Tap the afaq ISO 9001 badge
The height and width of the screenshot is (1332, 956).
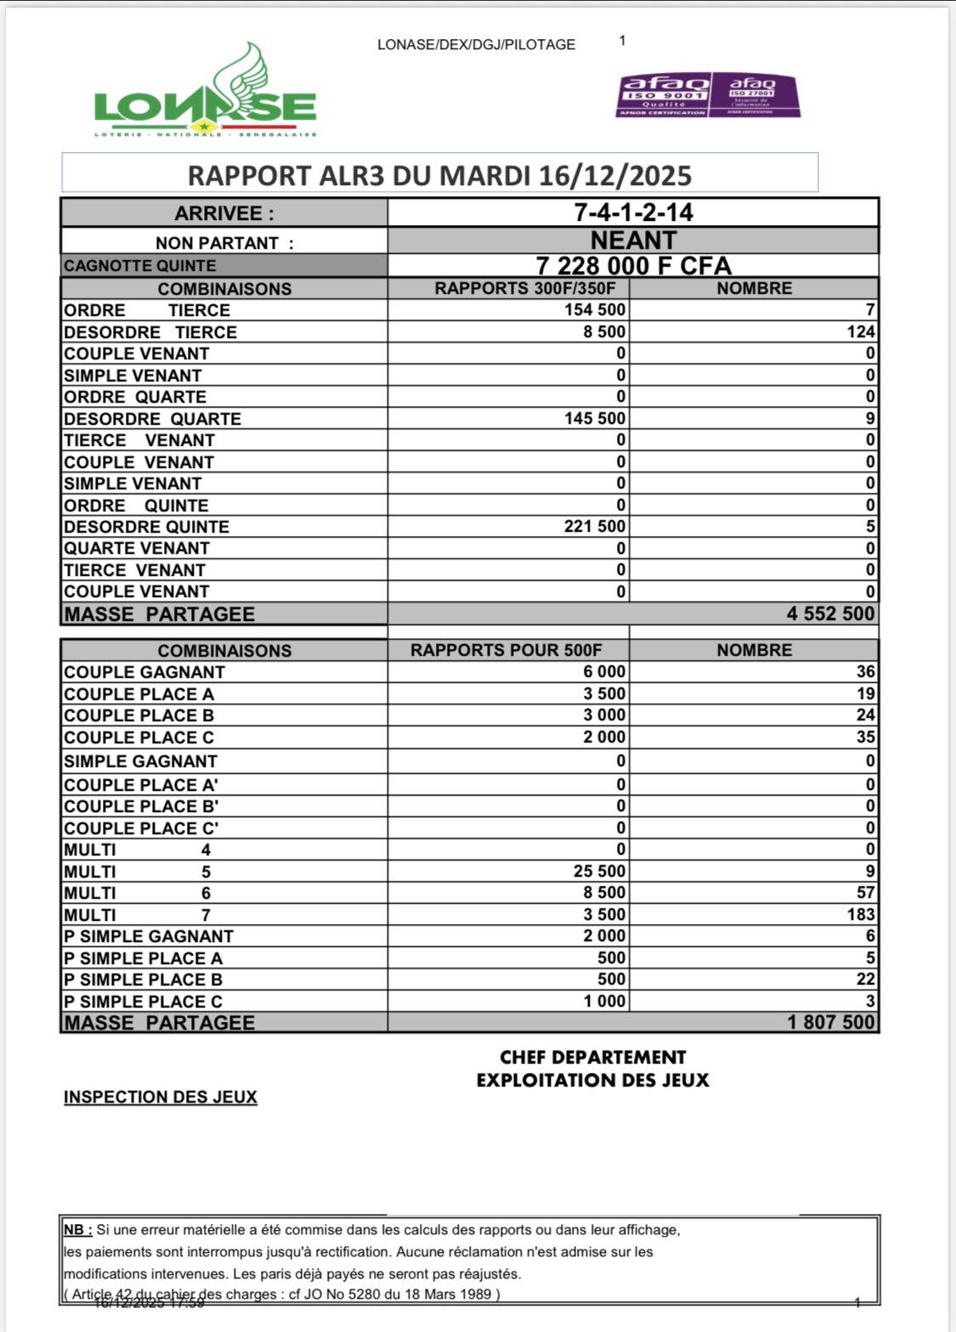(x=663, y=94)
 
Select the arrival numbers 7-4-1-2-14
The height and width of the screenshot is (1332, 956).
(x=633, y=212)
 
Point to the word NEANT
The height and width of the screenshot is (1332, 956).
(x=633, y=240)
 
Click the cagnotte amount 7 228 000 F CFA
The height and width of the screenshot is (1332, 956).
(x=633, y=265)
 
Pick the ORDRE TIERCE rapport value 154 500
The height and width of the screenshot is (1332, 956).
(x=594, y=310)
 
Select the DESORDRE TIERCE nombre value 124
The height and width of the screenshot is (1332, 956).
(x=860, y=332)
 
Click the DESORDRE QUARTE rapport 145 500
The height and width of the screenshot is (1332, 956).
(x=594, y=418)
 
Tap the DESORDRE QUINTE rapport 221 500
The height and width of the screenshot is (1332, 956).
(x=594, y=527)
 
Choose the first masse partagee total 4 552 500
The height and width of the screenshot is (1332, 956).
(x=829, y=613)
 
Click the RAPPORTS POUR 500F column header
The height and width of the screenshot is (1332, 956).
(x=506, y=651)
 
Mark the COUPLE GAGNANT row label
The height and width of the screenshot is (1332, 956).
(x=144, y=672)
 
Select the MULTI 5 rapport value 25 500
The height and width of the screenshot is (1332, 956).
(x=599, y=872)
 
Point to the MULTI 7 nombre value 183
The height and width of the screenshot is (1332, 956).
(x=860, y=915)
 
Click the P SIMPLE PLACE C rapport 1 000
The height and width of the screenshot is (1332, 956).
(x=604, y=1002)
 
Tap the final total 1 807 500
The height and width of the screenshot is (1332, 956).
(x=829, y=1022)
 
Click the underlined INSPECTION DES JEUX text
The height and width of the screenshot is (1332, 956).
(x=161, y=1098)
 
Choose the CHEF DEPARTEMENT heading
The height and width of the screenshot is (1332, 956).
(x=592, y=1058)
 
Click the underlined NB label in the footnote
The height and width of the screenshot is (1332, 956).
(x=77, y=1230)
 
